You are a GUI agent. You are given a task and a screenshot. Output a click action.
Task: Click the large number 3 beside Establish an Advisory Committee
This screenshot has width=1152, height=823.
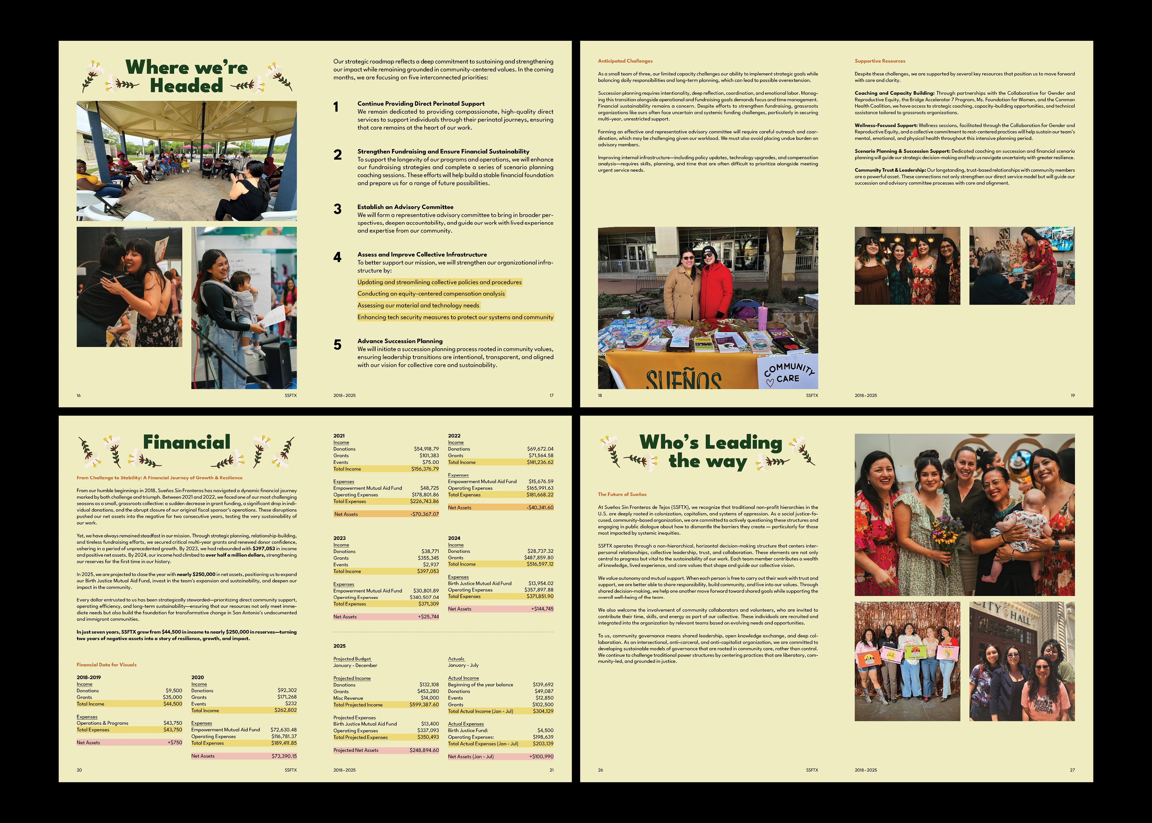pyautogui.click(x=337, y=209)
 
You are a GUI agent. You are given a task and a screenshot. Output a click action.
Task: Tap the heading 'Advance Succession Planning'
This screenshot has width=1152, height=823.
pyautogui.click(x=400, y=341)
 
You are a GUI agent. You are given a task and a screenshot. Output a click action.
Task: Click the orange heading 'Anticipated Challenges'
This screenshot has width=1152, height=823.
pyautogui.click(x=625, y=61)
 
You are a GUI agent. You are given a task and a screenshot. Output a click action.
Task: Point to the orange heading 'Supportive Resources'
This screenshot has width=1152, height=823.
pyautogui.click(x=880, y=61)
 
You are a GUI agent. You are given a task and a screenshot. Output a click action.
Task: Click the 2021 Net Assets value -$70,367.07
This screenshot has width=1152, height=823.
pyautogui.click(x=425, y=514)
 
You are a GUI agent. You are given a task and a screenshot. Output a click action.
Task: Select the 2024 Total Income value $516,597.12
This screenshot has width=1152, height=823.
pyautogui.click(x=540, y=564)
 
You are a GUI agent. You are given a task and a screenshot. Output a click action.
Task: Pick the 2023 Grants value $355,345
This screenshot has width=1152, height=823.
pyautogui.click(x=429, y=558)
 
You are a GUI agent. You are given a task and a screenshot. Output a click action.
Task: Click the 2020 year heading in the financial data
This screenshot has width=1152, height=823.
pyautogui.click(x=197, y=677)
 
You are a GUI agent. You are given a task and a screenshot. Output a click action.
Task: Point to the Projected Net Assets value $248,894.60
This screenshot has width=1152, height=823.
pyautogui.click(x=424, y=750)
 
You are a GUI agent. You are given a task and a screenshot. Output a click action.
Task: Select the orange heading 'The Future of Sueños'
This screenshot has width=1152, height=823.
pyautogui.click(x=622, y=494)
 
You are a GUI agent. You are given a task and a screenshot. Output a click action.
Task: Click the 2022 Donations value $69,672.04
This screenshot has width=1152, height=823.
pyautogui.click(x=540, y=449)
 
